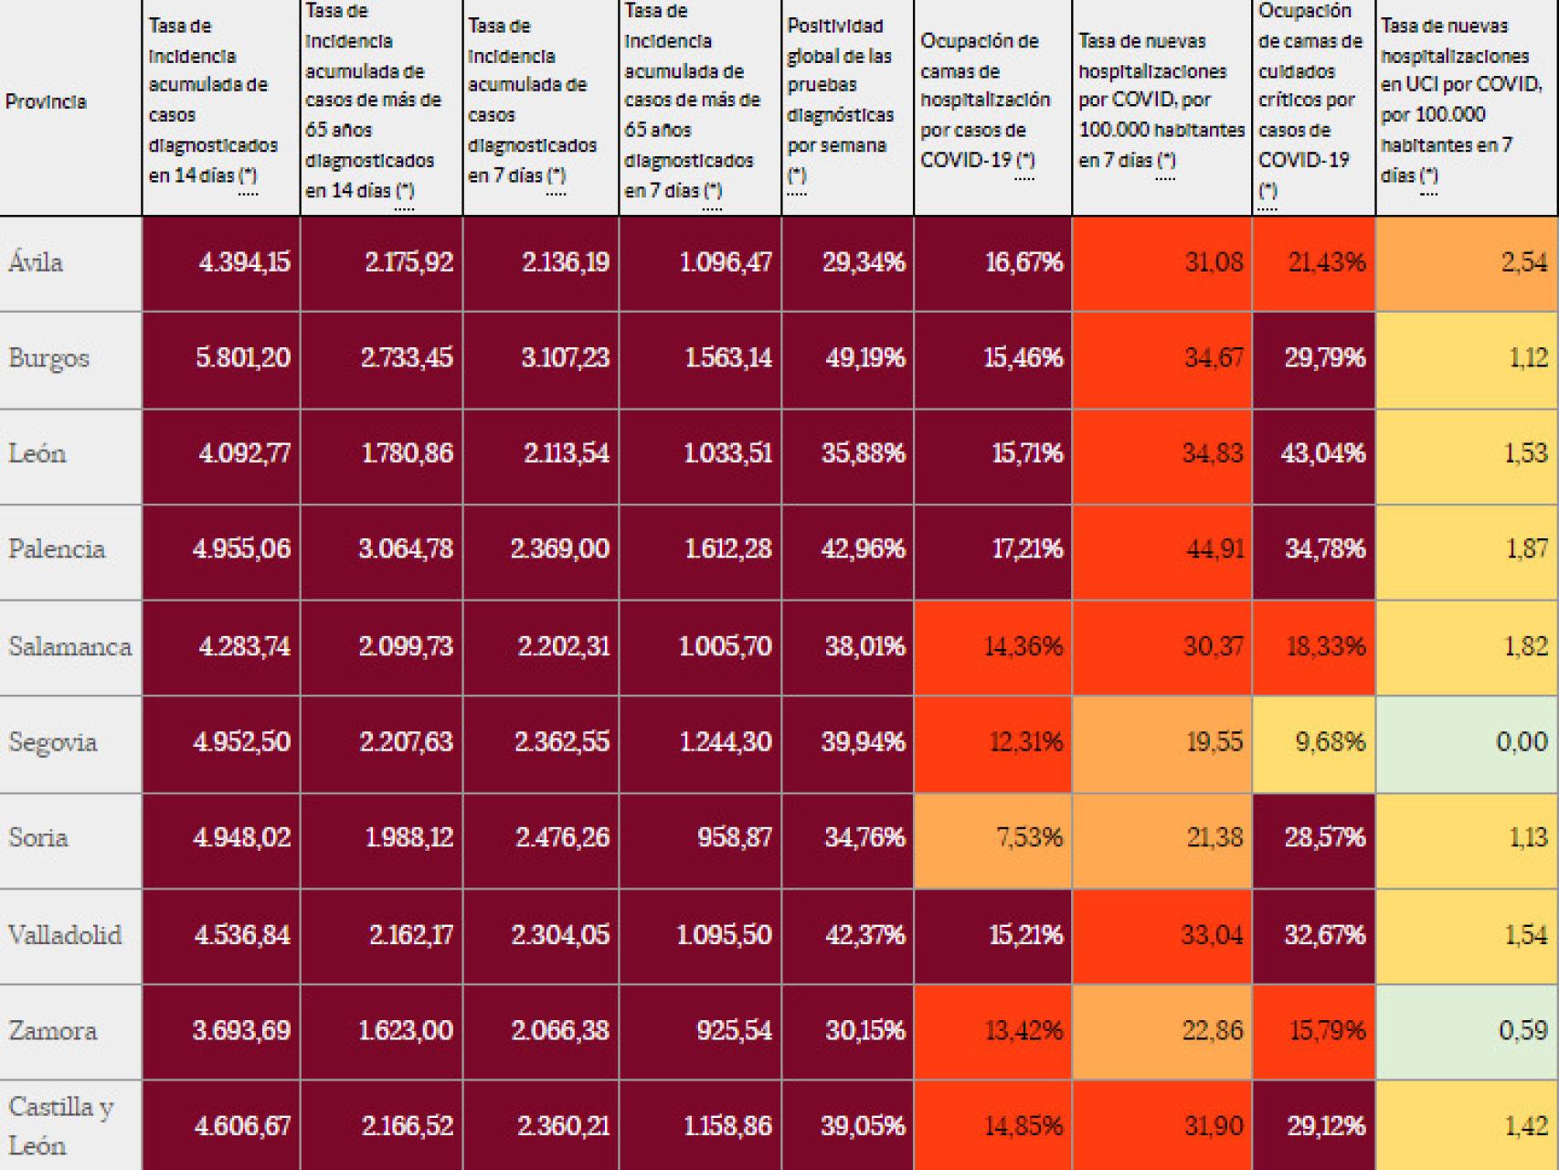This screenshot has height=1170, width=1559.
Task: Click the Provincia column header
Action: coord(47,101)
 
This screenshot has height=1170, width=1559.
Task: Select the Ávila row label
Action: coord(37,263)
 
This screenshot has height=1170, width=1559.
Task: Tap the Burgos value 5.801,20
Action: coord(243,357)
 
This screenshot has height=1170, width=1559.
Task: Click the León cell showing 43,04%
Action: coord(1323,453)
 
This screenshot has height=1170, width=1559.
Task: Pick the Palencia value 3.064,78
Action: coord(405,548)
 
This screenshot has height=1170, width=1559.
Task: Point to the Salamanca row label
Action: coord(69,646)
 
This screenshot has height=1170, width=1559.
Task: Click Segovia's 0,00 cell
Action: coord(1521,741)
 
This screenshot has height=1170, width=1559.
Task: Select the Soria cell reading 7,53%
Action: coord(1030,837)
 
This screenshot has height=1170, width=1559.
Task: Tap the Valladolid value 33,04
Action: coord(1214,935)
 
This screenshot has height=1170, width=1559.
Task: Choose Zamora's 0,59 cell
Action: coord(1522,1030)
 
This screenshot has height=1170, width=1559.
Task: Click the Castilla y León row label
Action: coord(60,1125)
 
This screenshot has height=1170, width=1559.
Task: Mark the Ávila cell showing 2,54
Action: coord(1524,263)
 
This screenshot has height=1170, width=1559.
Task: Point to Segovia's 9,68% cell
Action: coord(1330,741)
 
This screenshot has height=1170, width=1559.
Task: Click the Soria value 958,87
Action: coord(735,837)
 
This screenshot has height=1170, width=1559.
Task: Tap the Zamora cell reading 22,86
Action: coord(1213,1030)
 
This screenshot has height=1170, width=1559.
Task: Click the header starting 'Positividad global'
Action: coord(840,101)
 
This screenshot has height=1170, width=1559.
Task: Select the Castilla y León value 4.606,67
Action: coord(242,1125)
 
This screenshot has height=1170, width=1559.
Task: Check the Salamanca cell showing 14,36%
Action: coord(1023,646)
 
